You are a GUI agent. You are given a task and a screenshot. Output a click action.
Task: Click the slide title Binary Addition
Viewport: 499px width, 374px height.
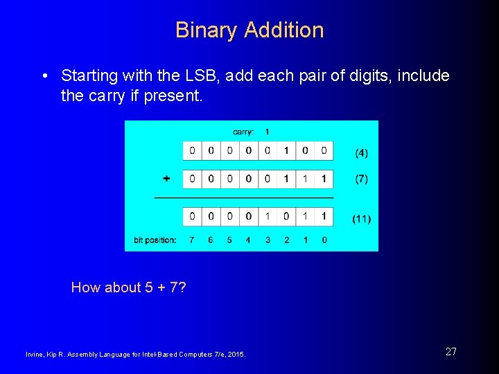coord(249,30)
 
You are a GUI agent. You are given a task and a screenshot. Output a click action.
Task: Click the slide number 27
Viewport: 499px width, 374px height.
coord(450,352)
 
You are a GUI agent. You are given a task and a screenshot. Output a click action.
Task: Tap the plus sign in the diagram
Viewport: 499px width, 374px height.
coord(166,179)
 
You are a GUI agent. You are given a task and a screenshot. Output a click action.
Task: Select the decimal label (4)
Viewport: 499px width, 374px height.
coord(361,152)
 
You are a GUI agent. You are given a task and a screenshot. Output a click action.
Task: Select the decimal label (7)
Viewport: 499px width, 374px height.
coord(361,179)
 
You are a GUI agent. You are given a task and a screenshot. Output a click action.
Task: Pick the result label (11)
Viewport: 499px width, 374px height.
coord(361,219)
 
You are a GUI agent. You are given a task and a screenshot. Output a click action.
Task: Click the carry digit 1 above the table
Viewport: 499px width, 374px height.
coord(268,132)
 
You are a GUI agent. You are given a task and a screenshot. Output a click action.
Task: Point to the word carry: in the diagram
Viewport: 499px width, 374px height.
coord(243,132)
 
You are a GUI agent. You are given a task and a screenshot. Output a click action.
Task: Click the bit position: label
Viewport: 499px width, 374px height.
coord(155,240)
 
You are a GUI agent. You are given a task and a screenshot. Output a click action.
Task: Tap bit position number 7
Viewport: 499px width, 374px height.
coord(192,240)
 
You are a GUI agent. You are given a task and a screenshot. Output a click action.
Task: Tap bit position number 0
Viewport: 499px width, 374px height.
coord(324,240)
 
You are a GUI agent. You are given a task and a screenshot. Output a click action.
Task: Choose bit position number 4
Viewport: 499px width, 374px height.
coord(248,240)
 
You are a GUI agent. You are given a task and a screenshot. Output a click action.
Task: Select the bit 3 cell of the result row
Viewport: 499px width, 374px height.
coord(268,217)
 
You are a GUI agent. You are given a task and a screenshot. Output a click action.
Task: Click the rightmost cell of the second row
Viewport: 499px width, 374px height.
coord(324,179)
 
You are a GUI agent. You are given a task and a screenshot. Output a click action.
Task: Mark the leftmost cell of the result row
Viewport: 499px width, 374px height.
coord(192,217)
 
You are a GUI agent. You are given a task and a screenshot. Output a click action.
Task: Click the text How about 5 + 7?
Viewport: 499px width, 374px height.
coord(129,287)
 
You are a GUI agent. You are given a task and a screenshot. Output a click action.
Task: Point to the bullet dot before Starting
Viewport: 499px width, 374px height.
coord(44,75)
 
